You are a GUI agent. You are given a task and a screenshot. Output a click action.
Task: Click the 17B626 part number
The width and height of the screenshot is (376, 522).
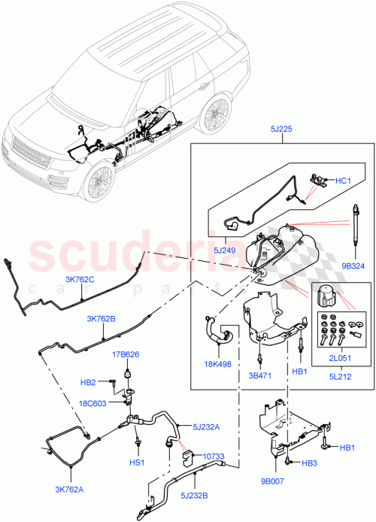[x=126, y=354]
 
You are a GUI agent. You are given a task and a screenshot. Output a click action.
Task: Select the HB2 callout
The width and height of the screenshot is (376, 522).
[x=89, y=383]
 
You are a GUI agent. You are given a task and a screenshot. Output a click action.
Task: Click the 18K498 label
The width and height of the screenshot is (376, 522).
[x=217, y=362]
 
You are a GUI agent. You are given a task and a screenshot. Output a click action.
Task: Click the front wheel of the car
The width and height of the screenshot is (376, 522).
[x=99, y=184]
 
